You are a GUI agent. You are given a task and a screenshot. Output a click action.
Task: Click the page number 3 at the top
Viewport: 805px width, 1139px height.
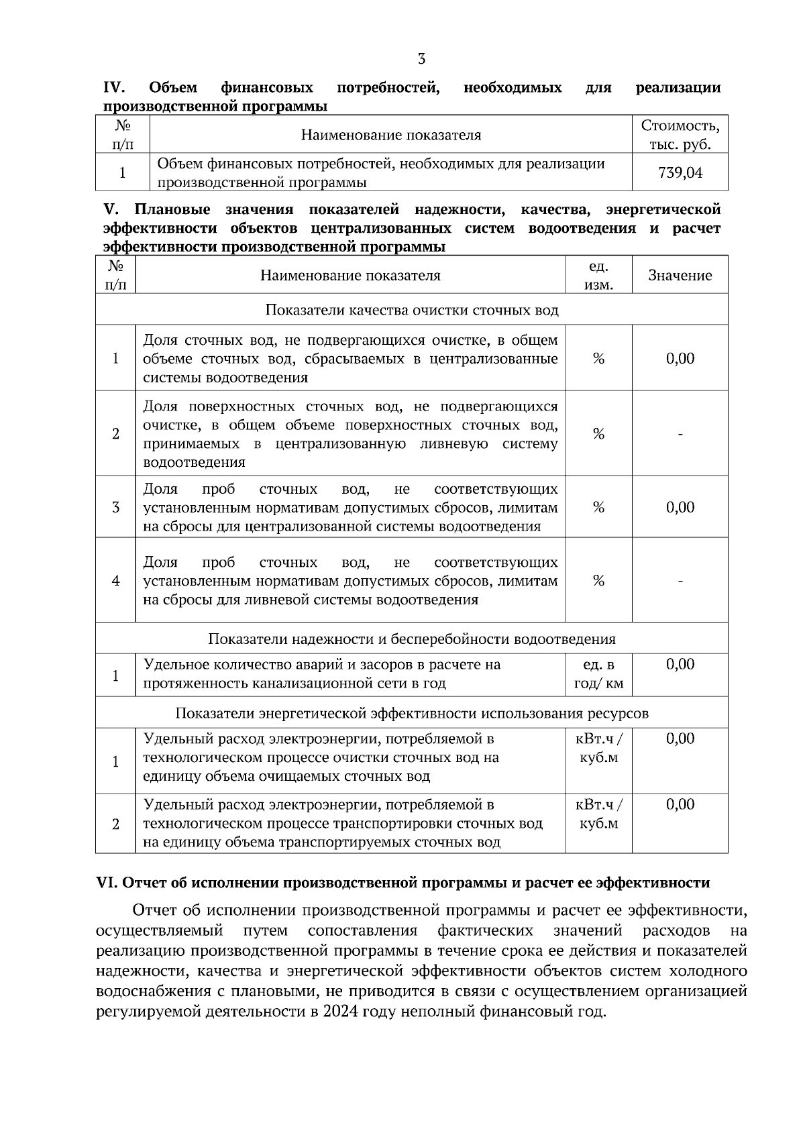click(421, 59)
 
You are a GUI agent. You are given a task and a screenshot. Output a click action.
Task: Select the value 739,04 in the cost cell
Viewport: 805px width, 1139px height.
click(680, 173)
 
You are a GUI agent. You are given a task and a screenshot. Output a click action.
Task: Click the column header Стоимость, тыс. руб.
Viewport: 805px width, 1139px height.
click(680, 135)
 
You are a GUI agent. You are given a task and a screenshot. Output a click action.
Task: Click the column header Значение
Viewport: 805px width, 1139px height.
click(680, 276)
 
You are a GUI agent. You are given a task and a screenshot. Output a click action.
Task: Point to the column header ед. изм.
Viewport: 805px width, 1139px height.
click(598, 276)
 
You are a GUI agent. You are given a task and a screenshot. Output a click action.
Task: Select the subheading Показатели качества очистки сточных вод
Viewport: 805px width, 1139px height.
click(411, 310)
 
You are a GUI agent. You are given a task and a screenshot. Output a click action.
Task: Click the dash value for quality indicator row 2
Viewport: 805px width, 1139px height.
click(680, 435)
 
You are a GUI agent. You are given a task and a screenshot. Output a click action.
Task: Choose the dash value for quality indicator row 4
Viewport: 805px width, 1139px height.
click(680, 581)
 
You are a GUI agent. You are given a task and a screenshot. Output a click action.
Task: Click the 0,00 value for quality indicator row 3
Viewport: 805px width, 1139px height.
click(680, 507)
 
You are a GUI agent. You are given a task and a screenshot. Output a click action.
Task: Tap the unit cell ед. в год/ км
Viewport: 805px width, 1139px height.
click(598, 674)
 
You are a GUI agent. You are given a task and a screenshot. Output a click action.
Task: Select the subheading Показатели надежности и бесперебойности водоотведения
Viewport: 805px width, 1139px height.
click(411, 639)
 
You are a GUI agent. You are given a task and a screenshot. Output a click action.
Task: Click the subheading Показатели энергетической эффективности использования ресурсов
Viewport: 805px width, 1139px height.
click(411, 712)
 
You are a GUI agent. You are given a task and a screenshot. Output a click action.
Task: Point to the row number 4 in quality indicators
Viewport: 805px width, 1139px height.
click(115, 581)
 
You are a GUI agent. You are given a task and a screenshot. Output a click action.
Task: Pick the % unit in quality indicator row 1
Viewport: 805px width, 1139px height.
click(598, 359)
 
